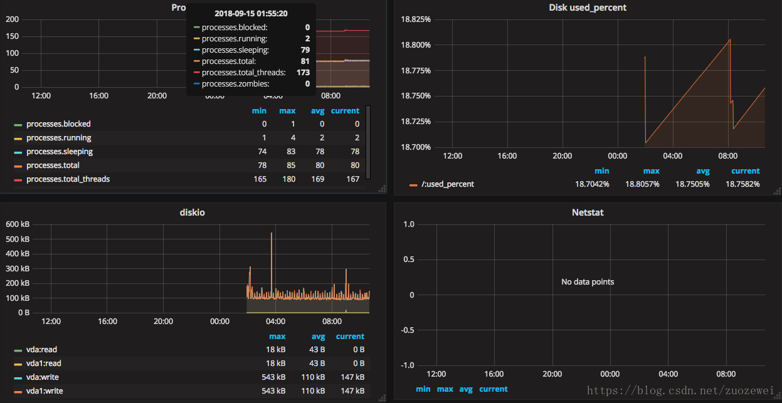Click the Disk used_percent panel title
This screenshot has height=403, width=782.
coord(587,8)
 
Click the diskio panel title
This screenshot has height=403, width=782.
coord(192,212)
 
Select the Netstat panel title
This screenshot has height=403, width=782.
coord(587,212)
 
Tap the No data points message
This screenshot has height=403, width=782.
coord(587,282)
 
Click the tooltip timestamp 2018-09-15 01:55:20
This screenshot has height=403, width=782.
coord(251,13)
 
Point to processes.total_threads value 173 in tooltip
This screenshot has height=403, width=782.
coord(304,73)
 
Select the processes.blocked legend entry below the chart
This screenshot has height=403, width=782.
coord(58,124)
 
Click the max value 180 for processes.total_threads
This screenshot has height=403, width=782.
coord(287,179)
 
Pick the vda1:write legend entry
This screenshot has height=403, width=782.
coord(44,391)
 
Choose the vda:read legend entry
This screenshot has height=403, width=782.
coord(41,350)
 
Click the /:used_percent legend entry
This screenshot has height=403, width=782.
coord(448,184)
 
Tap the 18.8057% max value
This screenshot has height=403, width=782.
coord(642,184)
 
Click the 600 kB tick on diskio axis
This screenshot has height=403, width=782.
coord(18,224)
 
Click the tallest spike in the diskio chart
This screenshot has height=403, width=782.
coord(272,233)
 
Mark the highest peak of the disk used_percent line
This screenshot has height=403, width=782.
coord(730,40)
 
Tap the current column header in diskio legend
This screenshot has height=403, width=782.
coord(350,337)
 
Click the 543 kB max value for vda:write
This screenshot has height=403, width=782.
coord(273,377)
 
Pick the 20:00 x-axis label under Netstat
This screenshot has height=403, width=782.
coord(552,374)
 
